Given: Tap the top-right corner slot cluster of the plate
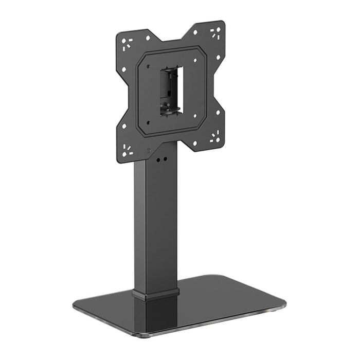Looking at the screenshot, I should pyautogui.click(x=215, y=33).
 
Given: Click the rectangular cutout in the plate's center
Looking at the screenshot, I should pyautogui.click(x=172, y=85).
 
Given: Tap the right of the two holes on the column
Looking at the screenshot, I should pyautogui.click(x=167, y=159).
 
